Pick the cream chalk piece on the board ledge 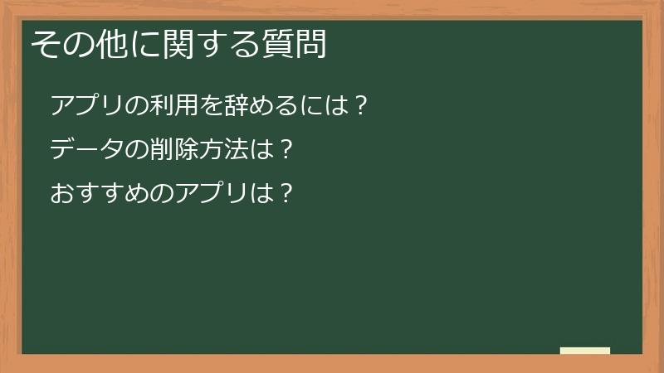pyautogui.click(x=585, y=351)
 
